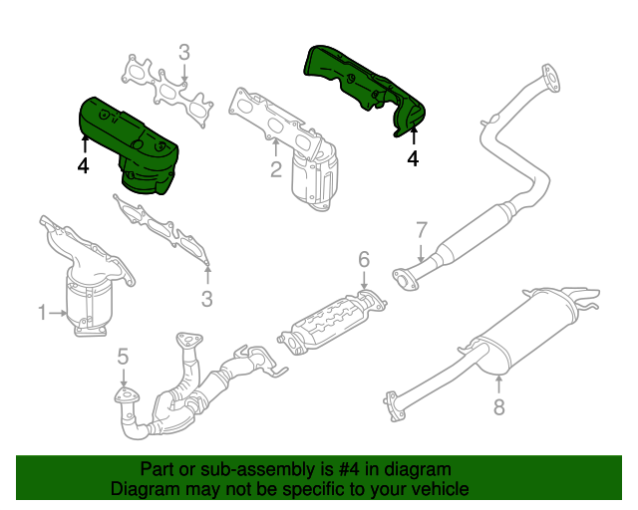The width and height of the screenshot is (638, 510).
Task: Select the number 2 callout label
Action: pyautogui.click(x=276, y=170)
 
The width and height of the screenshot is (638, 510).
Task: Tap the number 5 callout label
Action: pyautogui.click(x=123, y=356)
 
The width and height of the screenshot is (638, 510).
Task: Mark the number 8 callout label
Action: pyautogui.click(x=499, y=405)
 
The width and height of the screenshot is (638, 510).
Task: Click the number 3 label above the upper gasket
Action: pyautogui.click(x=184, y=52)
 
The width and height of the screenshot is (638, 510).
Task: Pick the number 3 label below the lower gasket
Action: pyautogui.click(x=207, y=298)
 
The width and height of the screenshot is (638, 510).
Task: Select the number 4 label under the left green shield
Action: pyautogui.click(x=82, y=166)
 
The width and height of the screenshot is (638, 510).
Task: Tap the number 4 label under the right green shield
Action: pyautogui.click(x=412, y=156)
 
